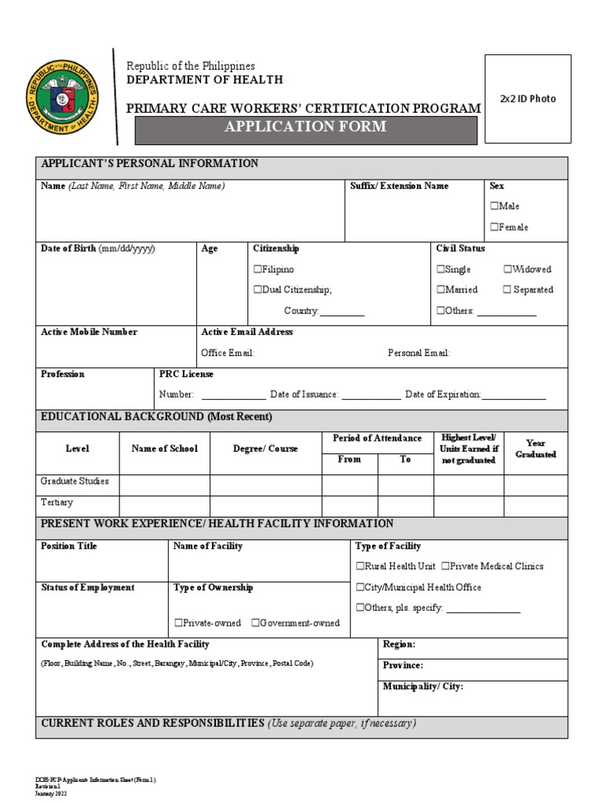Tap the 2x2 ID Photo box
(x=527, y=99)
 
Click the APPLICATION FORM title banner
(x=305, y=128)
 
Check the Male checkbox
(x=495, y=206)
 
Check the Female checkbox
(x=495, y=227)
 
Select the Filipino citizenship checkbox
(x=258, y=270)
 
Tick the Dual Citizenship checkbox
(x=258, y=290)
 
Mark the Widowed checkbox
(x=508, y=270)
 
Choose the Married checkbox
(x=440, y=290)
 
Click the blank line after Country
(x=342, y=312)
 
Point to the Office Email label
(x=228, y=353)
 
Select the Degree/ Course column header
(x=265, y=449)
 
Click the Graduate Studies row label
(x=75, y=481)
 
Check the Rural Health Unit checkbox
(x=360, y=566)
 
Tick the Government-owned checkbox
(x=256, y=623)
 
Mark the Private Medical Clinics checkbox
(x=445, y=566)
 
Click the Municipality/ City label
(x=423, y=687)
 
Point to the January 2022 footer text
(x=51, y=794)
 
